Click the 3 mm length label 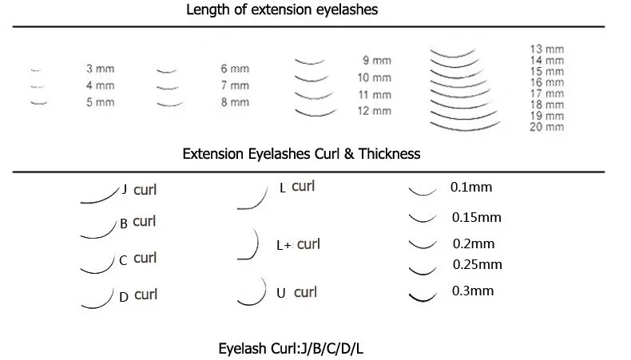tap(100, 69)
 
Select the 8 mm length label tap(234, 103)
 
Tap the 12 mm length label tap(375, 111)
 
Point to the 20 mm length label tap(546, 128)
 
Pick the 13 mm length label tap(546, 49)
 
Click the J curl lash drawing tap(99, 196)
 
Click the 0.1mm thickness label tap(470, 188)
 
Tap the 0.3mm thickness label tap(473, 291)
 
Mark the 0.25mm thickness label tap(477, 264)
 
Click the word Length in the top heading tap(206, 11)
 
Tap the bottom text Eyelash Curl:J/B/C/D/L tap(292, 349)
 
